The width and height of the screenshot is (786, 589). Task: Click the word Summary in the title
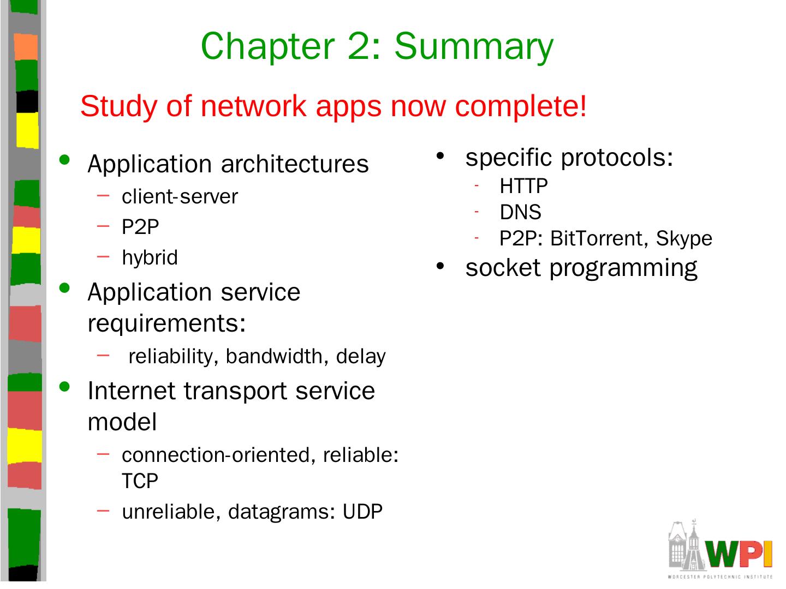(x=473, y=46)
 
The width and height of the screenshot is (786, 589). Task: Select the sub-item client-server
(x=180, y=197)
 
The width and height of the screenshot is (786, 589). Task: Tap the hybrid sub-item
(x=150, y=257)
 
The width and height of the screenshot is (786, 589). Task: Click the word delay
(x=361, y=356)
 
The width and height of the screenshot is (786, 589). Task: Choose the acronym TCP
(x=140, y=481)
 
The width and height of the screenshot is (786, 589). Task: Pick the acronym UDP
(x=362, y=512)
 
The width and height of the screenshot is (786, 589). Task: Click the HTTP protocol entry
(x=523, y=187)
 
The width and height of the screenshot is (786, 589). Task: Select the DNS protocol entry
(x=520, y=212)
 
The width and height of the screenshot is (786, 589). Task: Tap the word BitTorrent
(x=598, y=238)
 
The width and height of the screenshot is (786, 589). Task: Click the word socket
(x=503, y=268)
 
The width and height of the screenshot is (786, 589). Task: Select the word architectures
(x=295, y=164)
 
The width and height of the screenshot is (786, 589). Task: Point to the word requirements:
(x=166, y=323)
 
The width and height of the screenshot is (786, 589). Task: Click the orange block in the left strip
(x=25, y=46)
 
